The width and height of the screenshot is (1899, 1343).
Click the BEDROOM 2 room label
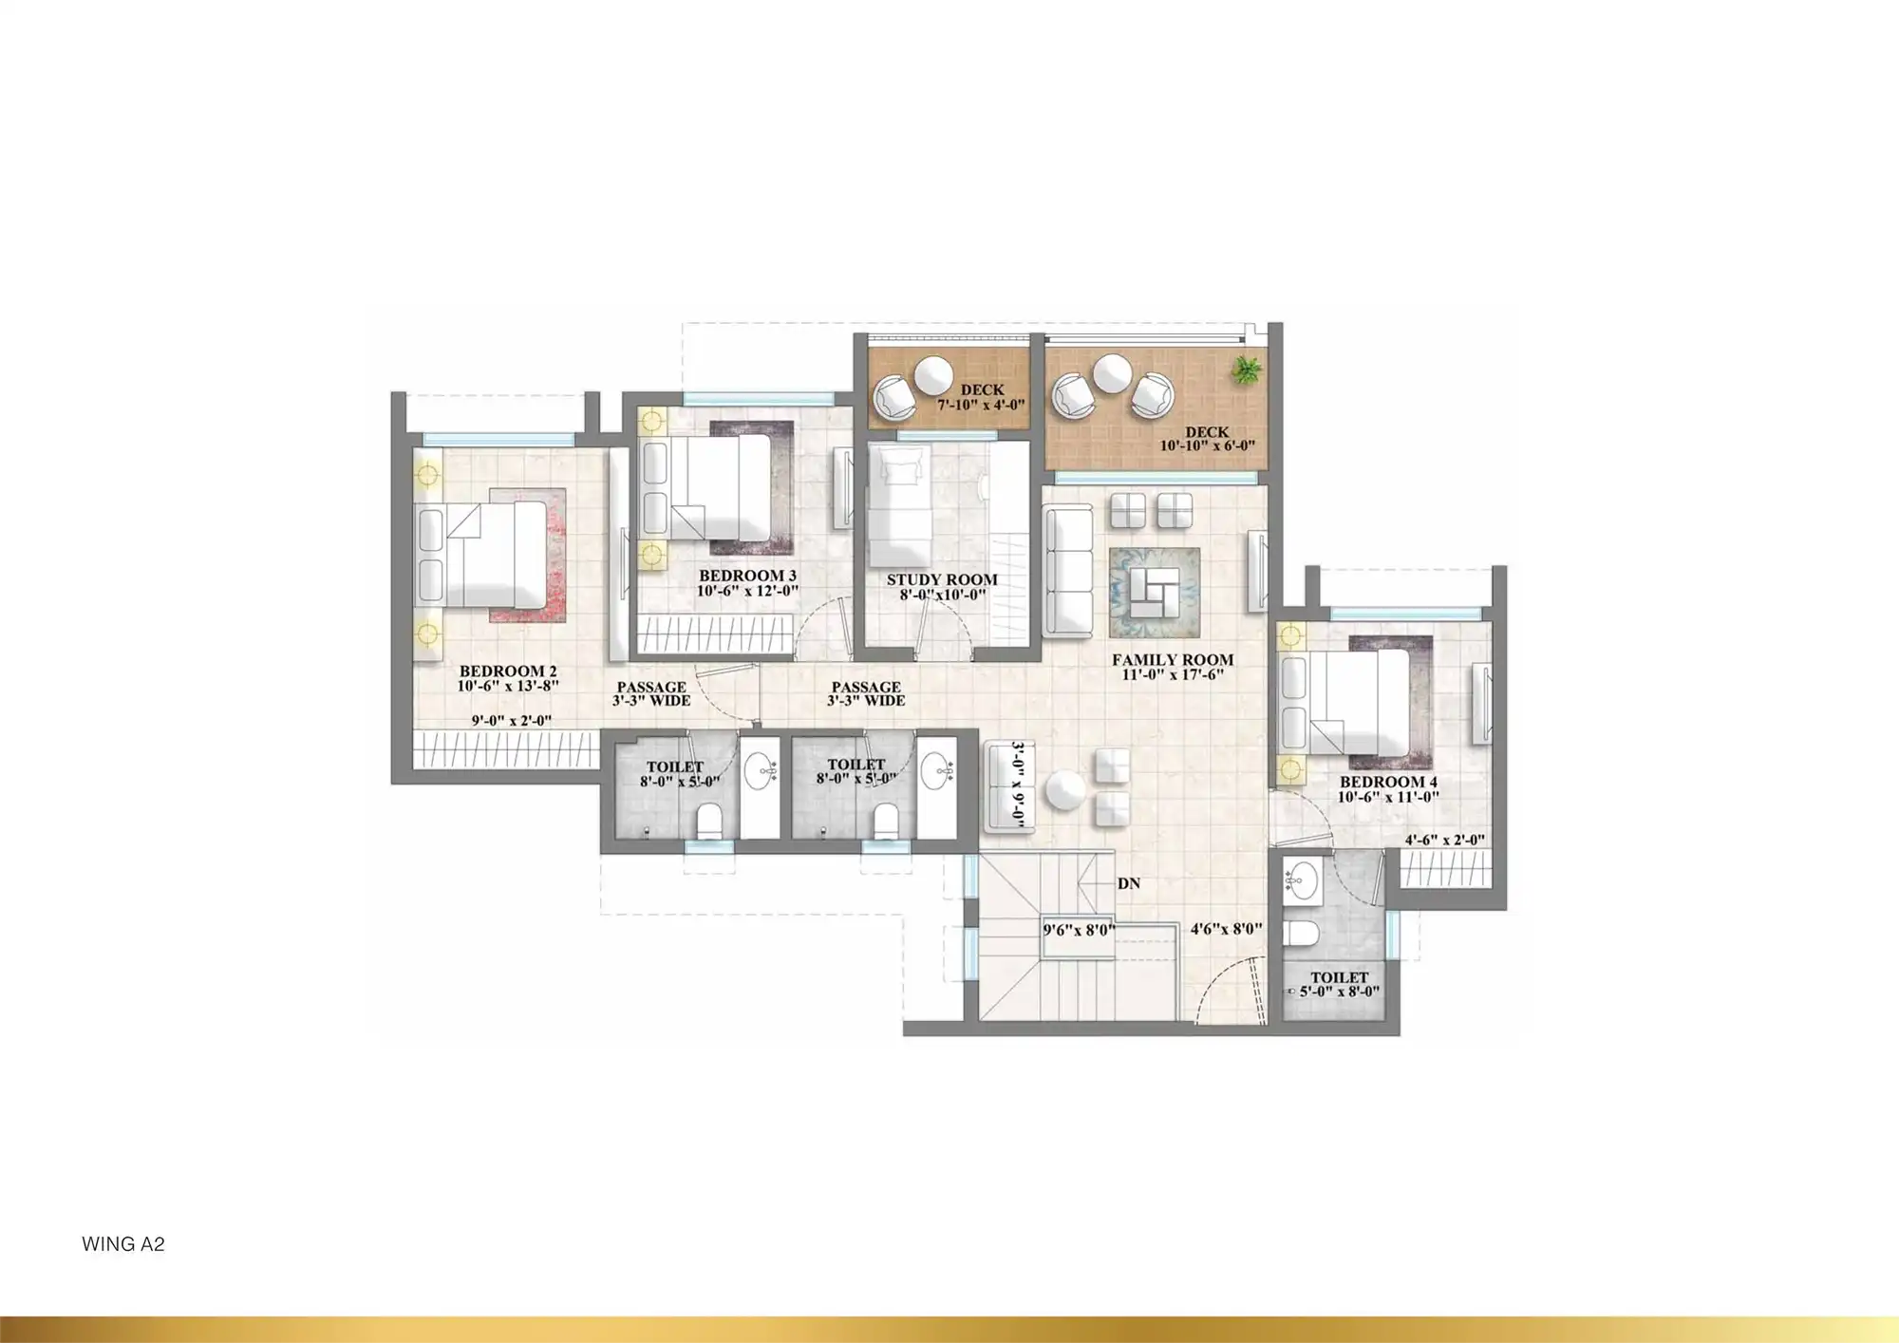[x=507, y=671]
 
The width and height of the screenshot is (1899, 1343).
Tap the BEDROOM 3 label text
[x=747, y=576]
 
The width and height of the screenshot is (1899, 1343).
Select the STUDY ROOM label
[x=942, y=579]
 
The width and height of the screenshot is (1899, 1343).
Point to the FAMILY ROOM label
[x=1173, y=659]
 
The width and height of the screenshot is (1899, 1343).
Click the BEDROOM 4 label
[x=1388, y=782]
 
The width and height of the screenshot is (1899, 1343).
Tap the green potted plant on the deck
[x=1247, y=370]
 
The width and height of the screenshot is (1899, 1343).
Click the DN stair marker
[x=1129, y=883]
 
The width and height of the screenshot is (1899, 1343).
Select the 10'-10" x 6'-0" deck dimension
[x=1207, y=445]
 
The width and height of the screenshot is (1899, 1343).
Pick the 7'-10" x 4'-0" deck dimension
[x=981, y=405]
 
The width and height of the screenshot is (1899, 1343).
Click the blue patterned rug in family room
[x=1154, y=593]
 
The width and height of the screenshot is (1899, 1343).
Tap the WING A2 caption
[x=123, y=1244]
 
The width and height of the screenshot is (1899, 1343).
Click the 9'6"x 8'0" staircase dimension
[x=1079, y=930]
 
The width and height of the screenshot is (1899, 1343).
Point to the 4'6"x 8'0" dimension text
[x=1226, y=929]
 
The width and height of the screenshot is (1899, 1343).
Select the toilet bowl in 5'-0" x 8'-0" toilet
[x=1298, y=932]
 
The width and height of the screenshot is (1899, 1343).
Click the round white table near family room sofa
[x=1065, y=790]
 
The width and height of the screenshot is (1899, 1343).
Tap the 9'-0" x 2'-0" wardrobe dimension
[x=511, y=721]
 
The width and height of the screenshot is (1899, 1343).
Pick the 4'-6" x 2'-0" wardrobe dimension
[x=1444, y=840]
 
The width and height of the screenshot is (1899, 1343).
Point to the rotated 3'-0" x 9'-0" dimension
[x=1017, y=785]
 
